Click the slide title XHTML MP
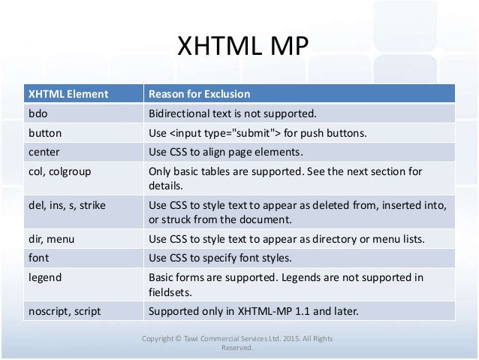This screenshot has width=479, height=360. point(240,47)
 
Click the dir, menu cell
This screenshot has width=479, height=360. point(50,240)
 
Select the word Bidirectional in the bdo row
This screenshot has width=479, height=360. point(180,114)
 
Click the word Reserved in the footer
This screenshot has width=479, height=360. point(239,348)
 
